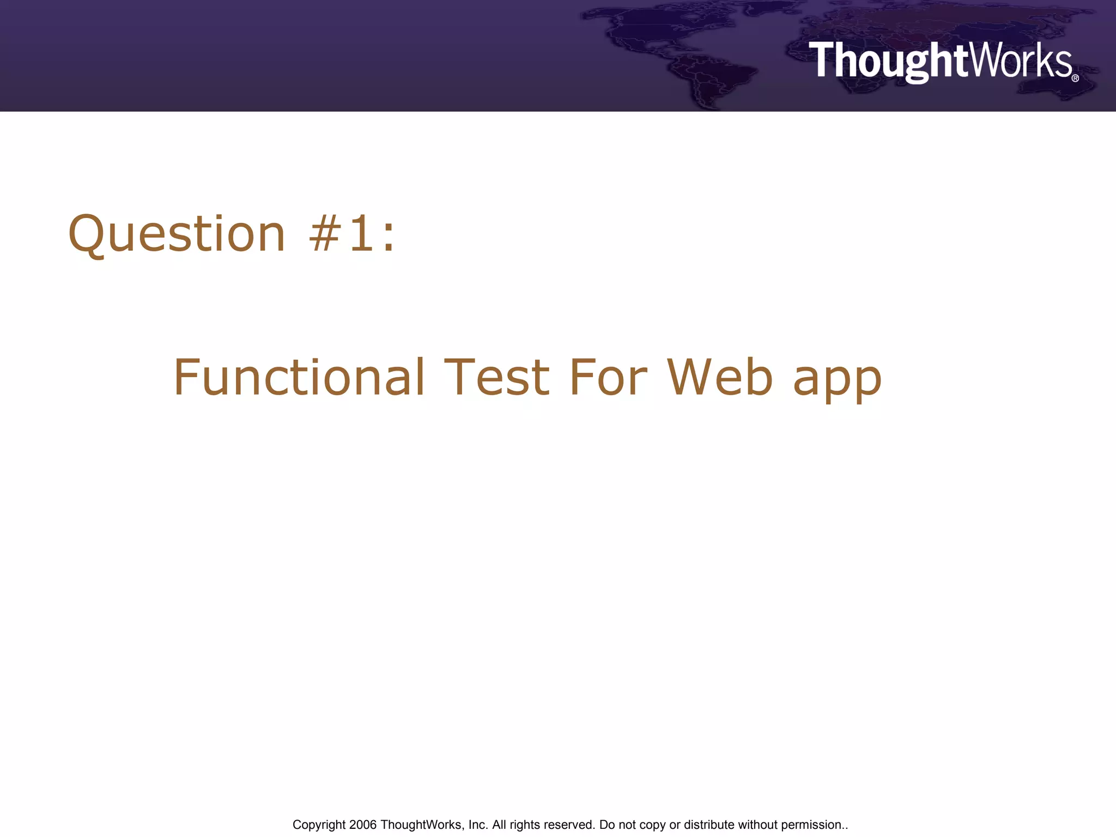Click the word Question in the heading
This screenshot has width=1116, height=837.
(177, 234)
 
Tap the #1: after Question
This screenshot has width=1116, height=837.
(352, 234)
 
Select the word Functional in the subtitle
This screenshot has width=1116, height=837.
(299, 378)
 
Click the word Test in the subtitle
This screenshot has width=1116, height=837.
(496, 378)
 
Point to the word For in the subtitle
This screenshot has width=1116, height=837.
(608, 378)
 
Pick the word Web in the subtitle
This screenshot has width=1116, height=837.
(720, 378)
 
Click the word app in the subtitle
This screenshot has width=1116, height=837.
(837, 381)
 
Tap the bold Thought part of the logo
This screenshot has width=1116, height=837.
(888, 61)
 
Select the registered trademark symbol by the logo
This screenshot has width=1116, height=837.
(1075, 78)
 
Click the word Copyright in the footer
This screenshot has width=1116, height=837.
(319, 825)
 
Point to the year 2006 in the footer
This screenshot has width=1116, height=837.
(363, 825)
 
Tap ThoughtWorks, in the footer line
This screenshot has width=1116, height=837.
(422, 825)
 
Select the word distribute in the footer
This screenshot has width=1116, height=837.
(709, 825)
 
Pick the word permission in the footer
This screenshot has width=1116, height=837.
(811, 825)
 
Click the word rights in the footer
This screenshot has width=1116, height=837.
(524, 825)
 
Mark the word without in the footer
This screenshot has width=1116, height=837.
(757, 825)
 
